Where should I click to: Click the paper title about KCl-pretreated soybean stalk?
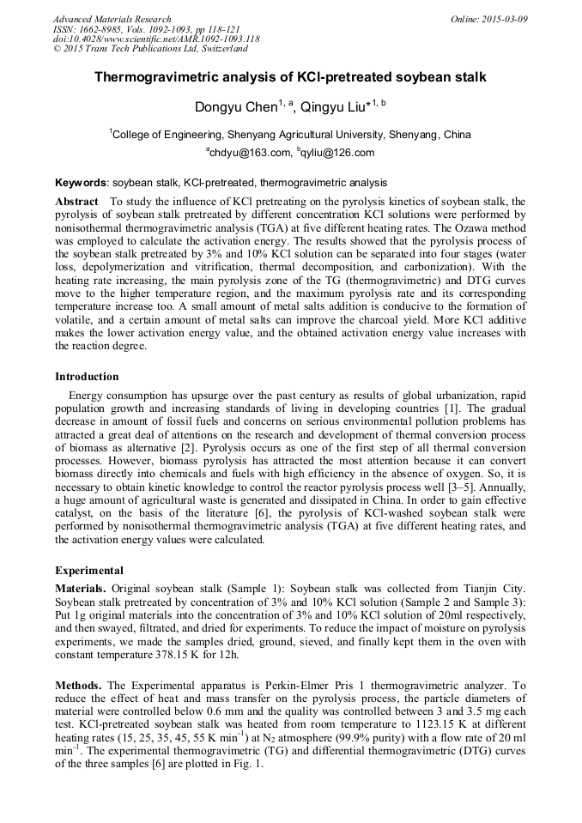point(290,77)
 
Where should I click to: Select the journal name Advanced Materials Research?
point(112,19)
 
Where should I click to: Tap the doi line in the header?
point(156,39)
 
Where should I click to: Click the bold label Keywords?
point(81,183)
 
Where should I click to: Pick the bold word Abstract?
point(78,200)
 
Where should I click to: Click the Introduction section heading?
point(87,376)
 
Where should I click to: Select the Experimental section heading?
point(89,570)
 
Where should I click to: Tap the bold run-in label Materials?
point(81,589)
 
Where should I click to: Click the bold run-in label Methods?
point(78,685)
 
